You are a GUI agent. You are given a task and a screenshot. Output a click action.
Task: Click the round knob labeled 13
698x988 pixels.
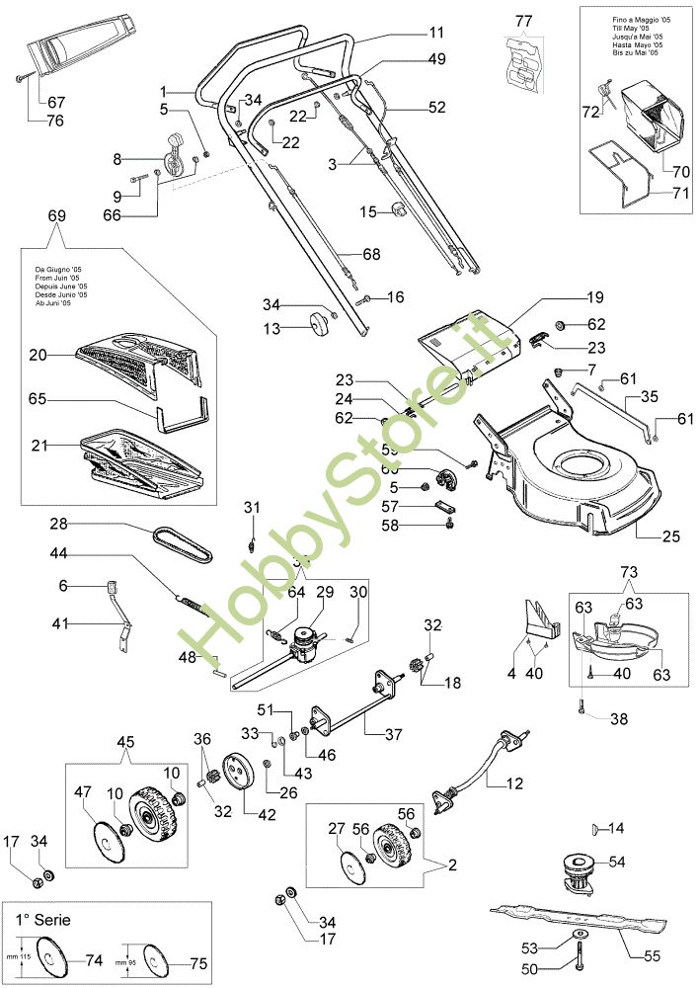point(318,324)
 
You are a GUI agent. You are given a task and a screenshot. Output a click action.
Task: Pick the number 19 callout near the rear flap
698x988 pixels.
point(594,296)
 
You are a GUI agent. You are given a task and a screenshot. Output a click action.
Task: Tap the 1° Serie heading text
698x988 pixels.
point(43,919)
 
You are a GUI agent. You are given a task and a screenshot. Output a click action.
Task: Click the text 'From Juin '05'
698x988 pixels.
point(60,278)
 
